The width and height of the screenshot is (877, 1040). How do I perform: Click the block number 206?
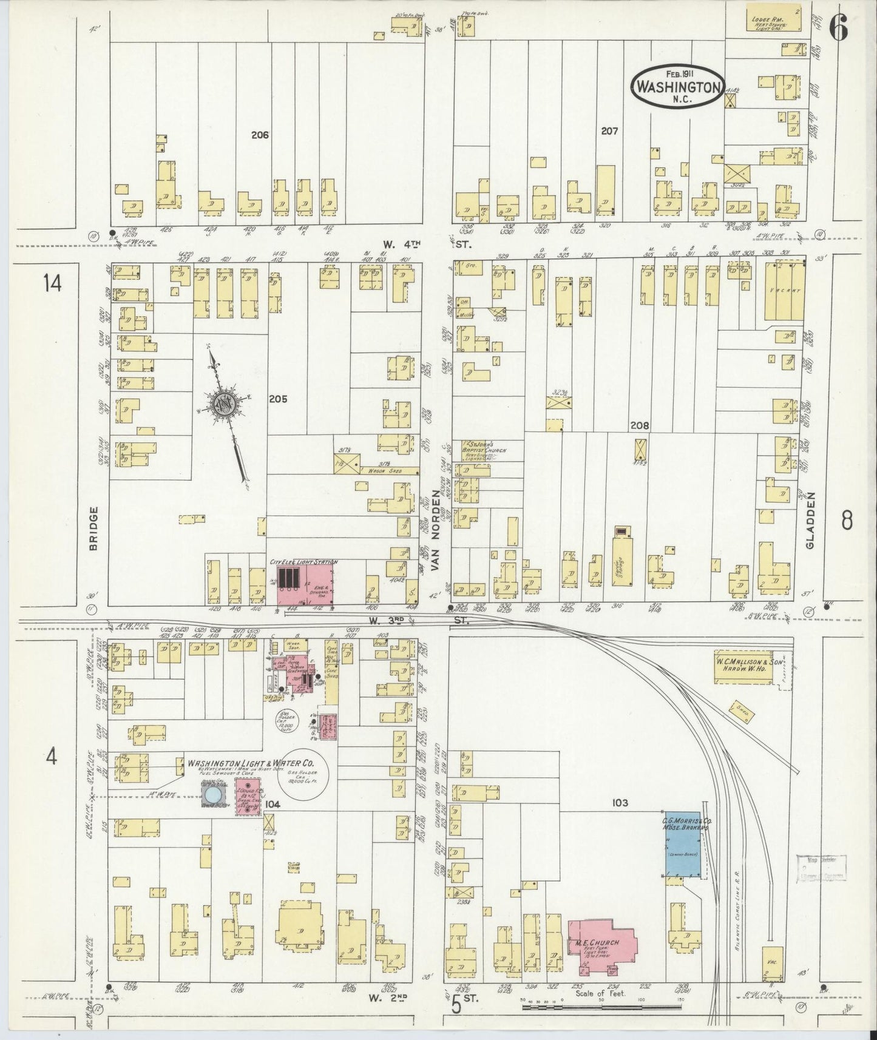pos(259,135)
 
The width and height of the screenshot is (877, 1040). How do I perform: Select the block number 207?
pos(609,130)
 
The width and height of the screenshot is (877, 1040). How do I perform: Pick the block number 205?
pos(279,399)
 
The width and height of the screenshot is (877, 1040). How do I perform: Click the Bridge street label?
pos(93,528)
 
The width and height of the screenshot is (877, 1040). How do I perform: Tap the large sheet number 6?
pos(838,27)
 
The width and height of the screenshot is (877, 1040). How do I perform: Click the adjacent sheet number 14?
pos(52,283)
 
